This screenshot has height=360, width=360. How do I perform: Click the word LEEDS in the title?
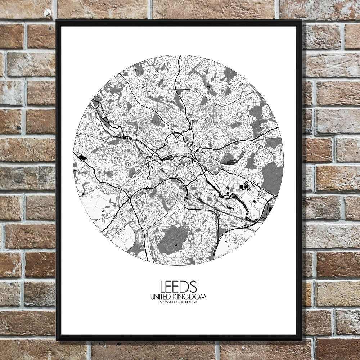[179, 287]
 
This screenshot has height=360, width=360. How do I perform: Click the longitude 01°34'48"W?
[189, 302]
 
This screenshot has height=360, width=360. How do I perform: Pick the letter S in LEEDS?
[193, 287]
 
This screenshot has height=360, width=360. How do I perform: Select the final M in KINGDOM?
[204, 297]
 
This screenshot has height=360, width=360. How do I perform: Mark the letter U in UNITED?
[152, 297]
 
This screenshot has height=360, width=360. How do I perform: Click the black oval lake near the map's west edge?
[82, 157]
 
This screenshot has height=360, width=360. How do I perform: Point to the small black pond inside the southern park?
[175, 245]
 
